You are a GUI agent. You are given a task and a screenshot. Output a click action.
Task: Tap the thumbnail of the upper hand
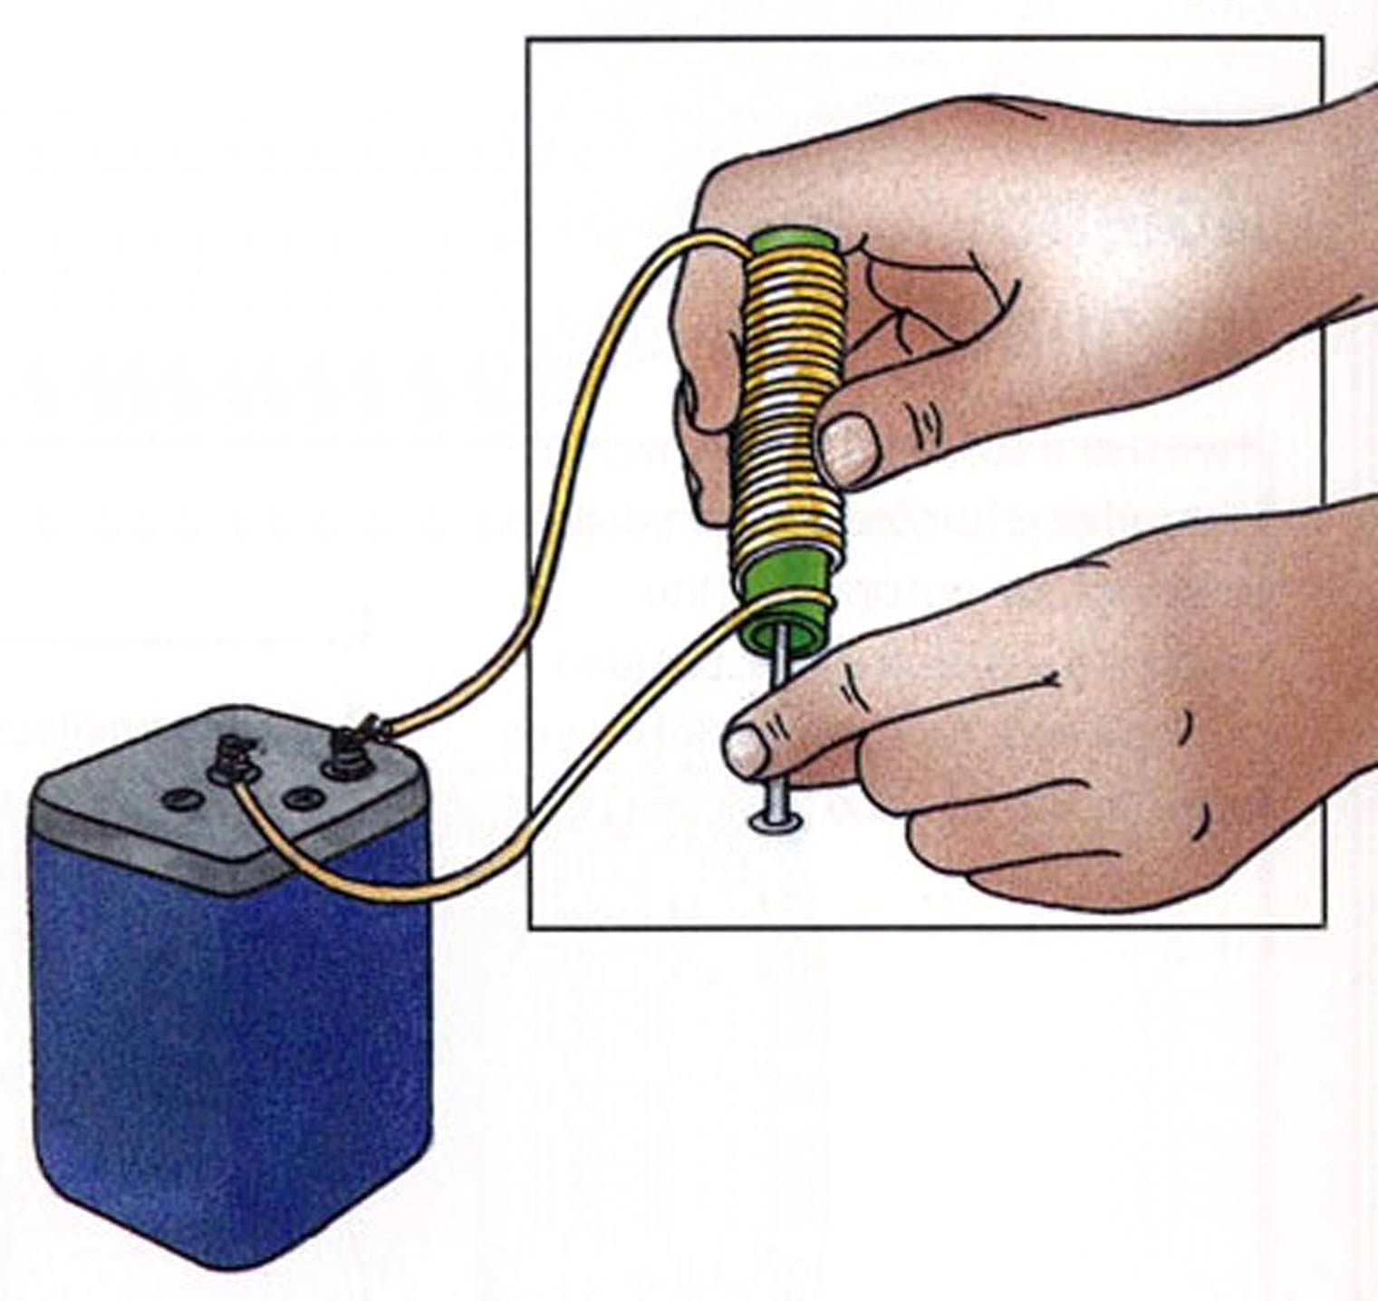pos(852,447)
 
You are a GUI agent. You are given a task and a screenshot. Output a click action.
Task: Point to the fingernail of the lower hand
pos(747,750)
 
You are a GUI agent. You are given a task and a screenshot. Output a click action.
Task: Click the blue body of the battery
pos(226,1042)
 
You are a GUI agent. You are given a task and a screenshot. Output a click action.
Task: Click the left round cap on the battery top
pos(176,799)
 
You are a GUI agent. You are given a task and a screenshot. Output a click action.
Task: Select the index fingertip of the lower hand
pos(752,747)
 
